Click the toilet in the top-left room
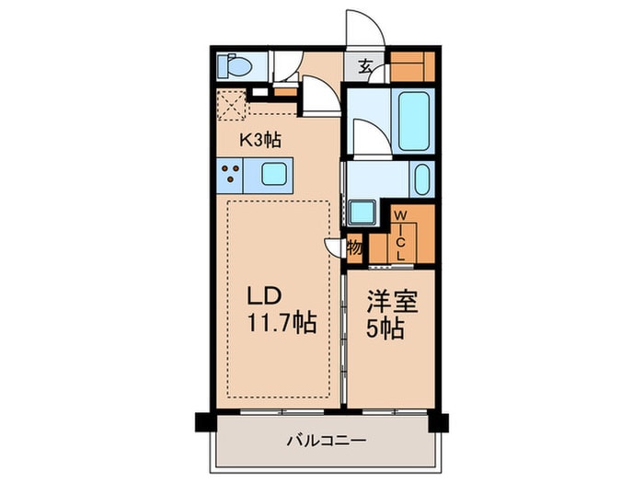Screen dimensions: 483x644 point(231,66)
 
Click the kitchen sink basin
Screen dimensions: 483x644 point(274,173)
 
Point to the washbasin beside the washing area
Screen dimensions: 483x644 point(421,178)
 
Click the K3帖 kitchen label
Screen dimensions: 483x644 point(260,140)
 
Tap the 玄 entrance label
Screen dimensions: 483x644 point(365,66)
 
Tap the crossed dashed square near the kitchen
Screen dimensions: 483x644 point(231,106)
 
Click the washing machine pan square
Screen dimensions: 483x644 point(362,212)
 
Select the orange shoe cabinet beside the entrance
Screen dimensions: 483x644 point(410,66)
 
